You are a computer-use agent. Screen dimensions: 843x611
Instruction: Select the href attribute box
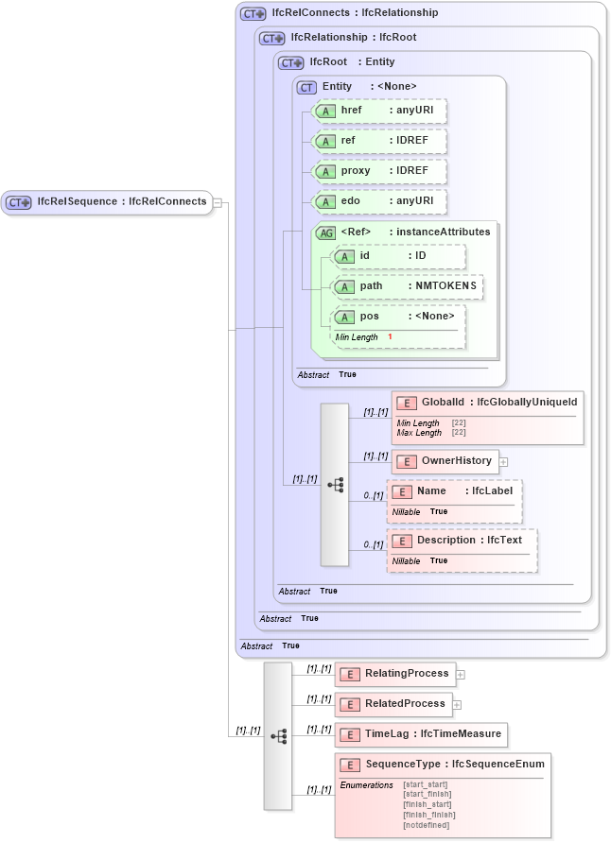pos(378,112)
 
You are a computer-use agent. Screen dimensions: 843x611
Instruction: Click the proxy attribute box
pos(378,171)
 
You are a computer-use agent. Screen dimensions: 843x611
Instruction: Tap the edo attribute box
pos(378,201)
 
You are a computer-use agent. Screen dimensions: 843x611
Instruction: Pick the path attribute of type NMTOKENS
pos(407,285)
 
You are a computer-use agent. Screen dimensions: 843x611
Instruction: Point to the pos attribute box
pos(398,317)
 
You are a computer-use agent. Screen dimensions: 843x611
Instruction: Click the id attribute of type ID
pos(398,256)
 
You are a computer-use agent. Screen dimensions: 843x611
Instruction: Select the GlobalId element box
pos(487,403)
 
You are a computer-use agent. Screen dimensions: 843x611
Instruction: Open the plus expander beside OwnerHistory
pos(504,462)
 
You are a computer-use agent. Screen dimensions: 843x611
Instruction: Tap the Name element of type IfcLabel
pos(455,491)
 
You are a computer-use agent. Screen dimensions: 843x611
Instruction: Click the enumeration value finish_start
pos(427,804)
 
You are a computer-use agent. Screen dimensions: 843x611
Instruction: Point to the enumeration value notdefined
pos(427,825)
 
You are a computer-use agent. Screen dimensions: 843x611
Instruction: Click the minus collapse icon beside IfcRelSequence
pos(218,202)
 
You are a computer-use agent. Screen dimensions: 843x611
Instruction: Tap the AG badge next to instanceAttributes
pos(325,232)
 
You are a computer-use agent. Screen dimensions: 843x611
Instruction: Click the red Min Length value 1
pos(390,337)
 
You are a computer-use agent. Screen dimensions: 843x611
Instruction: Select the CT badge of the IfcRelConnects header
pos(253,14)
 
